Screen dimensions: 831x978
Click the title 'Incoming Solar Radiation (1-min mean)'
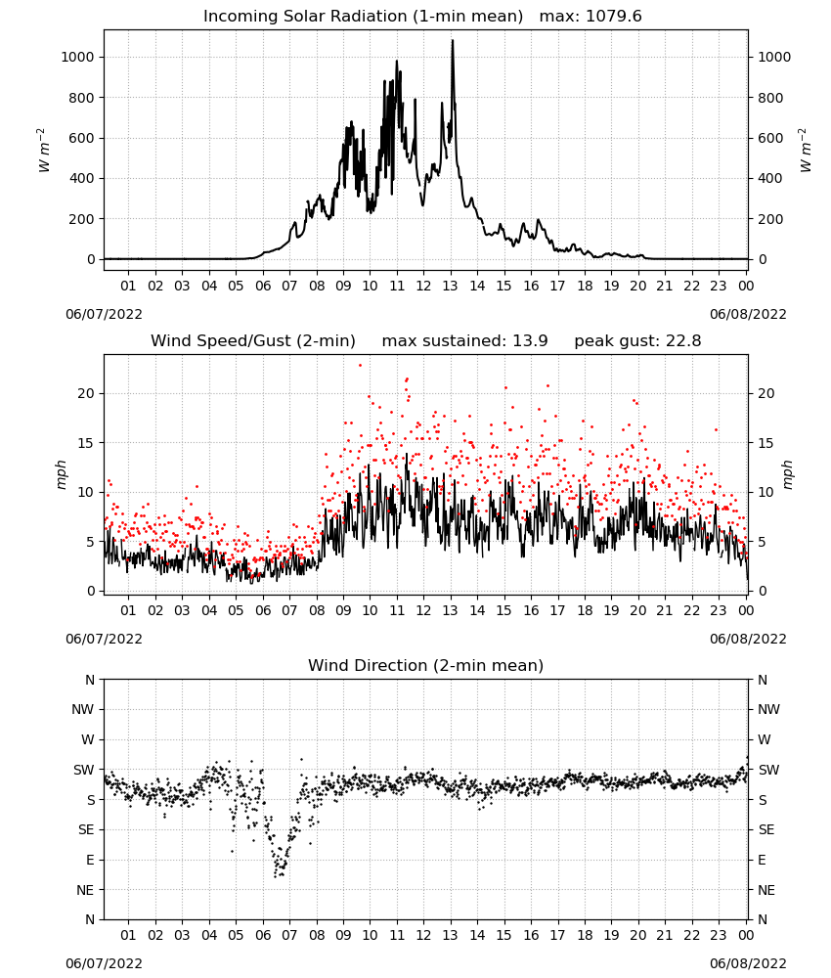(363, 17)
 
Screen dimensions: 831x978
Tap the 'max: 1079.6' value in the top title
(590, 17)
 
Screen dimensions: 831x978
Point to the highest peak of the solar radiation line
(453, 40)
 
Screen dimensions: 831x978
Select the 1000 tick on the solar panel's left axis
(77, 57)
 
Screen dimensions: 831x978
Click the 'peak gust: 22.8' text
(637, 341)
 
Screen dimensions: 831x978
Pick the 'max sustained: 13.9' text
(464, 341)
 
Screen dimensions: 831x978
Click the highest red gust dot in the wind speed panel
(360, 366)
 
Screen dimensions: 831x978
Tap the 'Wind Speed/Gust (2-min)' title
(253, 341)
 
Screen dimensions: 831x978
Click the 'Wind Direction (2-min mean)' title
(426, 665)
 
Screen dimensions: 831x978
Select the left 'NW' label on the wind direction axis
(84, 709)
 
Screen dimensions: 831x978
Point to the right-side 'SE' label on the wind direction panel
(766, 829)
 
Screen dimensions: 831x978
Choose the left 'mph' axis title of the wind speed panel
(61, 474)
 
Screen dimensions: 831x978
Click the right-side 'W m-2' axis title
(805, 151)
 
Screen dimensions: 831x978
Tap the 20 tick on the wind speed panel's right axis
(766, 393)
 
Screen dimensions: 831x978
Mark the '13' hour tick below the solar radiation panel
(450, 286)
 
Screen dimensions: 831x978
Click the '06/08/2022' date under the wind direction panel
(748, 963)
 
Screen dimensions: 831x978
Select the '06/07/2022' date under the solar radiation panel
(104, 314)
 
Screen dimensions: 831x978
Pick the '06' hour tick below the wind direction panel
(263, 935)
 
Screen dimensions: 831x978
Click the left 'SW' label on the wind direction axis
(84, 770)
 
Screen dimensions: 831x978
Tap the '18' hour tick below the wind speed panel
(585, 610)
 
